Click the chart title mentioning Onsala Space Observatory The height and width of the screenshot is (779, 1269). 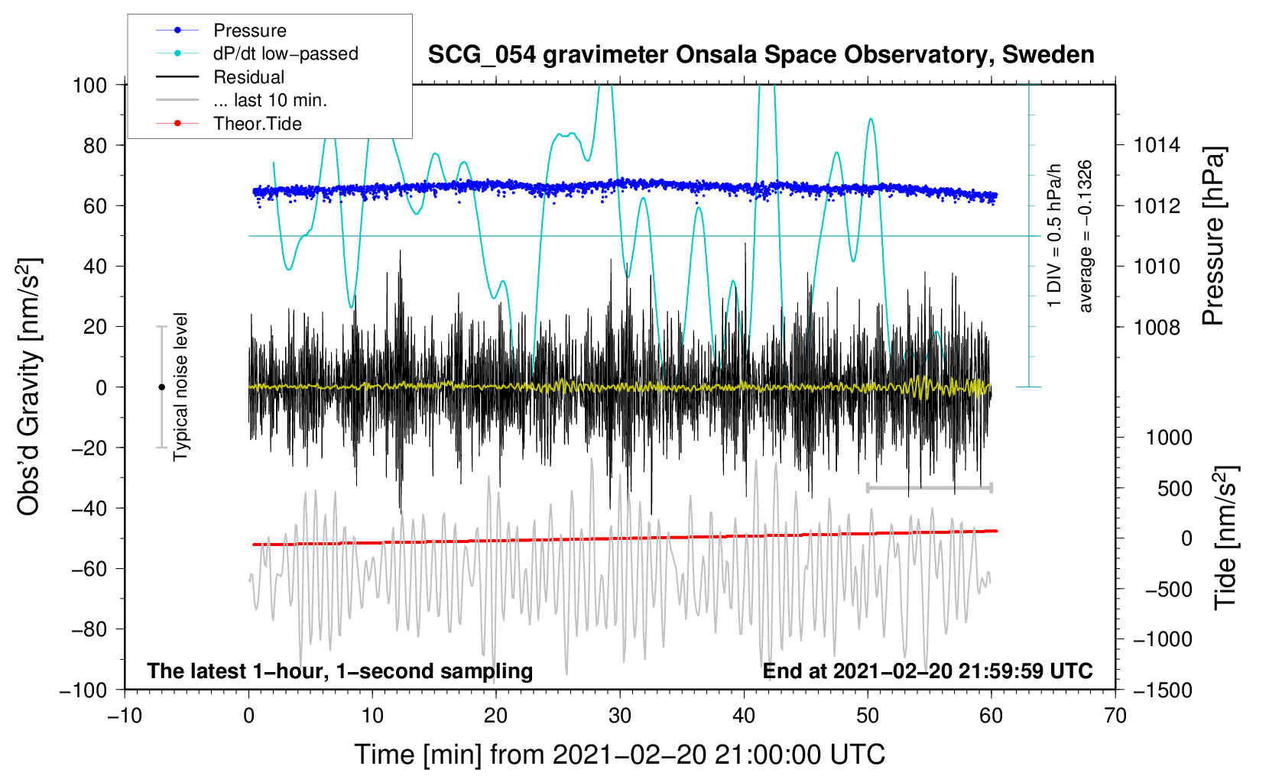click(x=761, y=55)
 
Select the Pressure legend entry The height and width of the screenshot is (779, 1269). click(x=249, y=31)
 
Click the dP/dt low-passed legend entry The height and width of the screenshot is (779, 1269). click(x=285, y=54)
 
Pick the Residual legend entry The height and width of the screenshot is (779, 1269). click(x=248, y=77)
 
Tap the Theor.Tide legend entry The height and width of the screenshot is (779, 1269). click(x=257, y=124)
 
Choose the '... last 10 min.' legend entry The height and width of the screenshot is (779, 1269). click(x=270, y=100)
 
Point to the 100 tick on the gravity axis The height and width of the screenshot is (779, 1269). click(x=89, y=85)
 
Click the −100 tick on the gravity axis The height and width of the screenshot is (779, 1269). click(x=83, y=690)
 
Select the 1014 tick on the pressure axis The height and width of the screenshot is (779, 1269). click(x=1157, y=145)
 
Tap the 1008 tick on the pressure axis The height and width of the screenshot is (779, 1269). click(x=1157, y=328)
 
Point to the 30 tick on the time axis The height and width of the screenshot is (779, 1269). click(x=620, y=716)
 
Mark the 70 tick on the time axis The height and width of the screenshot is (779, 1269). click(x=1115, y=716)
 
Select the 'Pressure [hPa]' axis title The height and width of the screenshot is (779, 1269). click(x=1213, y=236)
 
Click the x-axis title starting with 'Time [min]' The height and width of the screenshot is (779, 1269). click(x=619, y=755)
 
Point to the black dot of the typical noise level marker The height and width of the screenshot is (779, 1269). click(x=161, y=387)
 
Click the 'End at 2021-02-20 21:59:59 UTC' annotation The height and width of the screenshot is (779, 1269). click(x=927, y=671)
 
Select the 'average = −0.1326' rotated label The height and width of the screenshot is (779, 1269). click(x=1086, y=236)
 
